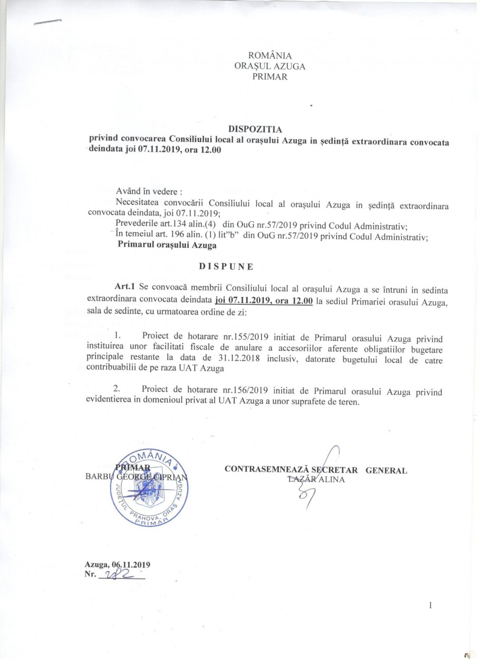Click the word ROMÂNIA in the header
pos(270,56)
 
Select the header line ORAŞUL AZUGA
pos(270,66)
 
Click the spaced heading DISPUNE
pos(226,266)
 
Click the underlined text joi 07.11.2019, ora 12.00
pos(264,300)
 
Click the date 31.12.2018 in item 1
pos(236,358)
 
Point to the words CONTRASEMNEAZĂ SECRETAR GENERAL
pos(316,470)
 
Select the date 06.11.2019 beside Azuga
pos(131,565)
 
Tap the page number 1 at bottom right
pos(430,605)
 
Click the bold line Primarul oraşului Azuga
pos(167,245)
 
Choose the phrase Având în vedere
pos(149,192)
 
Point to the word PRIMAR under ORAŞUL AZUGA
pos(270,77)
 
